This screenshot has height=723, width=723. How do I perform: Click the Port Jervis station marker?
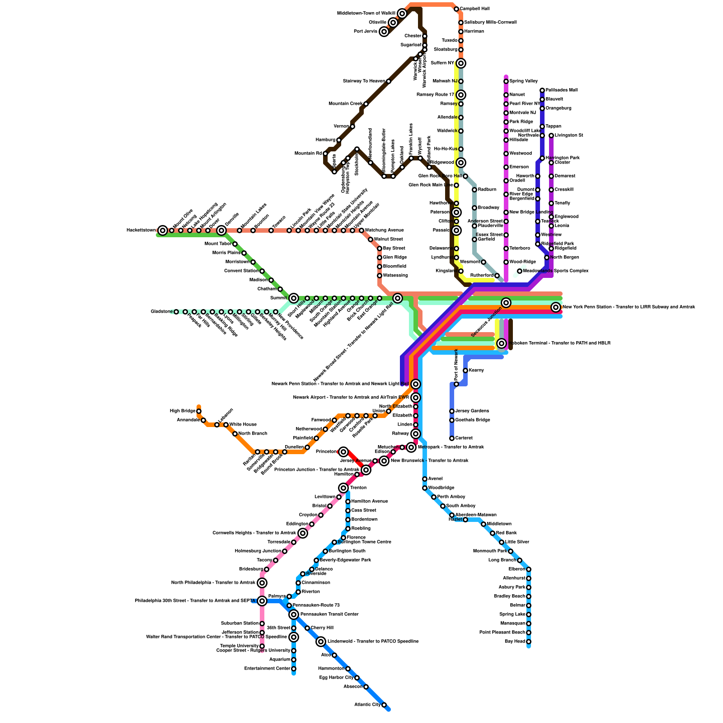coord(384,32)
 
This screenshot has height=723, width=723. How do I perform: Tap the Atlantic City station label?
coord(367,704)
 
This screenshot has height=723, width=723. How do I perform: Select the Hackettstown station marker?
coord(163,230)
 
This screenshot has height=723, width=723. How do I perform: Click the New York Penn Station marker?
coord(556,307)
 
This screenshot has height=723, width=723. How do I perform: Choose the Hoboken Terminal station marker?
coord(502,343)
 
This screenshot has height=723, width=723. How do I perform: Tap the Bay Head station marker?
coord(529,642)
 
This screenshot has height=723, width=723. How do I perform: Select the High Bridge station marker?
coord(199,411)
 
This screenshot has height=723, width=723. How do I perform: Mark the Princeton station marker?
coord(343,452)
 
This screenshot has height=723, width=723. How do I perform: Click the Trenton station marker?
coord(343,488)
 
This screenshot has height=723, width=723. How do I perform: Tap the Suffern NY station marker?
coord(461,63)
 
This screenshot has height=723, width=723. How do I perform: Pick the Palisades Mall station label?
coord(561,90)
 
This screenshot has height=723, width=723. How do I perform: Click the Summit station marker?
coord(294,298)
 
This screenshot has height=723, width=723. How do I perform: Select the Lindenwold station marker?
coord(321,642)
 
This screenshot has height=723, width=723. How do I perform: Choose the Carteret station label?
coord(464,438)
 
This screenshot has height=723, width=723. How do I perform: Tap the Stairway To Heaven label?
coord(364,81)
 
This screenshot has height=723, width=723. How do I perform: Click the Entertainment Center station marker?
coord(294,669)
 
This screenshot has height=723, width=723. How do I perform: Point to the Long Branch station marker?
coord(520,560)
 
